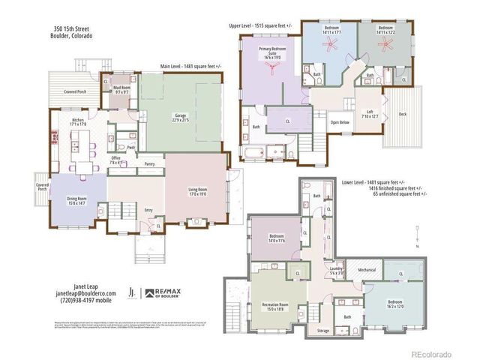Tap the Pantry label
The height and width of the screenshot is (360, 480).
click(x=149, y=163)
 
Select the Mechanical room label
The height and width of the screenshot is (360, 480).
click(x=366, y=269)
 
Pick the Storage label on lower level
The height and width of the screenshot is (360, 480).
click(x=322, y=330)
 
